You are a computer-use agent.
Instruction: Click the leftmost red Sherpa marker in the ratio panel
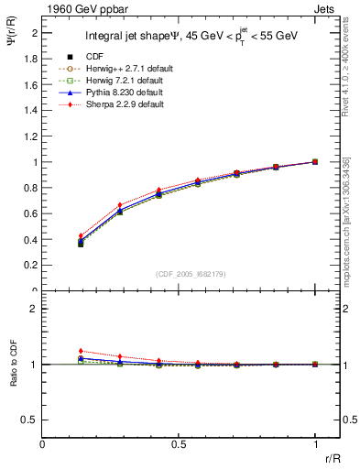click(x=81, y=351)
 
